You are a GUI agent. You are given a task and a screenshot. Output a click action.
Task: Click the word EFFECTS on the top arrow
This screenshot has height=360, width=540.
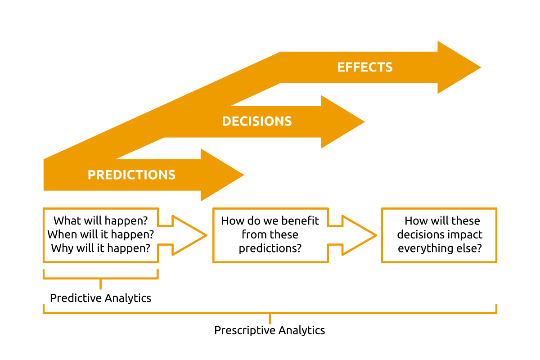coord(365,67)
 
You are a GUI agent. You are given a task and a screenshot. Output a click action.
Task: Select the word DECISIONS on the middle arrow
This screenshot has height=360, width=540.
coord(257,121)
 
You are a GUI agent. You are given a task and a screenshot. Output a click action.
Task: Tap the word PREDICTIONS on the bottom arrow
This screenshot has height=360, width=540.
coord(131,175)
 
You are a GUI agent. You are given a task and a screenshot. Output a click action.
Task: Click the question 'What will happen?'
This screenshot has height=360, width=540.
coord(101,220)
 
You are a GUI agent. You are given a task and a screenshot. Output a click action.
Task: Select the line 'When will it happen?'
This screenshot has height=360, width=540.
coord(101,234)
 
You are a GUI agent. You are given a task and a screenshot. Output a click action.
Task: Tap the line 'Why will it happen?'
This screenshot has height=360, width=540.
coord(101,248)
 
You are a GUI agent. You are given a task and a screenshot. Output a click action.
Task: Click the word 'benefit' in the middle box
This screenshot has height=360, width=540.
coord(300,221)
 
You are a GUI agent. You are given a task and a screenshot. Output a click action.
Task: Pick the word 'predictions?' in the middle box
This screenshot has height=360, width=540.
coord(270,248)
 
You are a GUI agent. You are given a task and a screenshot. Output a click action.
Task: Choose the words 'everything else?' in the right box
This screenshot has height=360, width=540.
coord(440,248)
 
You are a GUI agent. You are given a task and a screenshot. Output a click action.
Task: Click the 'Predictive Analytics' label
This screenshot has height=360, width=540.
coord(101,298)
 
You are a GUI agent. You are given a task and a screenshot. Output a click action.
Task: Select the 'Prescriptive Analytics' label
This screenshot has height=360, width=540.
coord(270,330)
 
